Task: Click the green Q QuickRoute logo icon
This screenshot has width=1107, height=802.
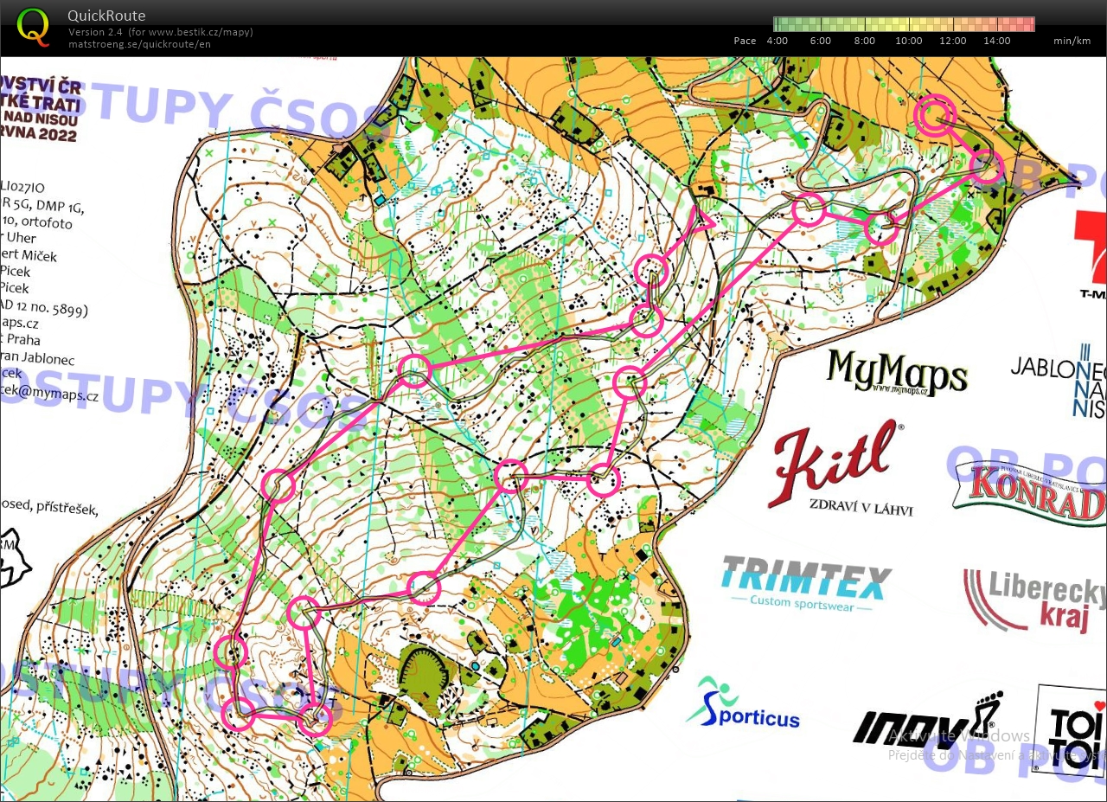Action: tap(33, 25)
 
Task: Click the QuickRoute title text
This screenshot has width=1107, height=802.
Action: tap(106, 16)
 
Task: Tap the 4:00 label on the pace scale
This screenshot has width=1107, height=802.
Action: tap(777, 41)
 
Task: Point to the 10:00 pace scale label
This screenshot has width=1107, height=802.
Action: tap(908, 41)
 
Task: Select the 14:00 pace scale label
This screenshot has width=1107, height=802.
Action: tap(996, 41)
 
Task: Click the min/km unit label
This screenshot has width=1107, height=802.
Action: tap(1070, 41)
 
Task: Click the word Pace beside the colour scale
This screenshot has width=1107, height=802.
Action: tap(745, 41)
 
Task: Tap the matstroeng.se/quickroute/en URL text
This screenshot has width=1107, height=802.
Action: tap(139, 44)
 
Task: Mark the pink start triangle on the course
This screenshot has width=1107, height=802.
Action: tap(701, 221)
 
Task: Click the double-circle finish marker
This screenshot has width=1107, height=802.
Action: tap(934, 114)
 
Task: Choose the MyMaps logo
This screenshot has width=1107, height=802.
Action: tap(896, 372)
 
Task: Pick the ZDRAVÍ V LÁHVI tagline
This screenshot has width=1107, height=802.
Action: tap(861, 508)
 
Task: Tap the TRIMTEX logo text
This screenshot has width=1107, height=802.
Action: tap(806, 576)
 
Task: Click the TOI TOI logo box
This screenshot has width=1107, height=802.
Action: tap(1073, 727)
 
